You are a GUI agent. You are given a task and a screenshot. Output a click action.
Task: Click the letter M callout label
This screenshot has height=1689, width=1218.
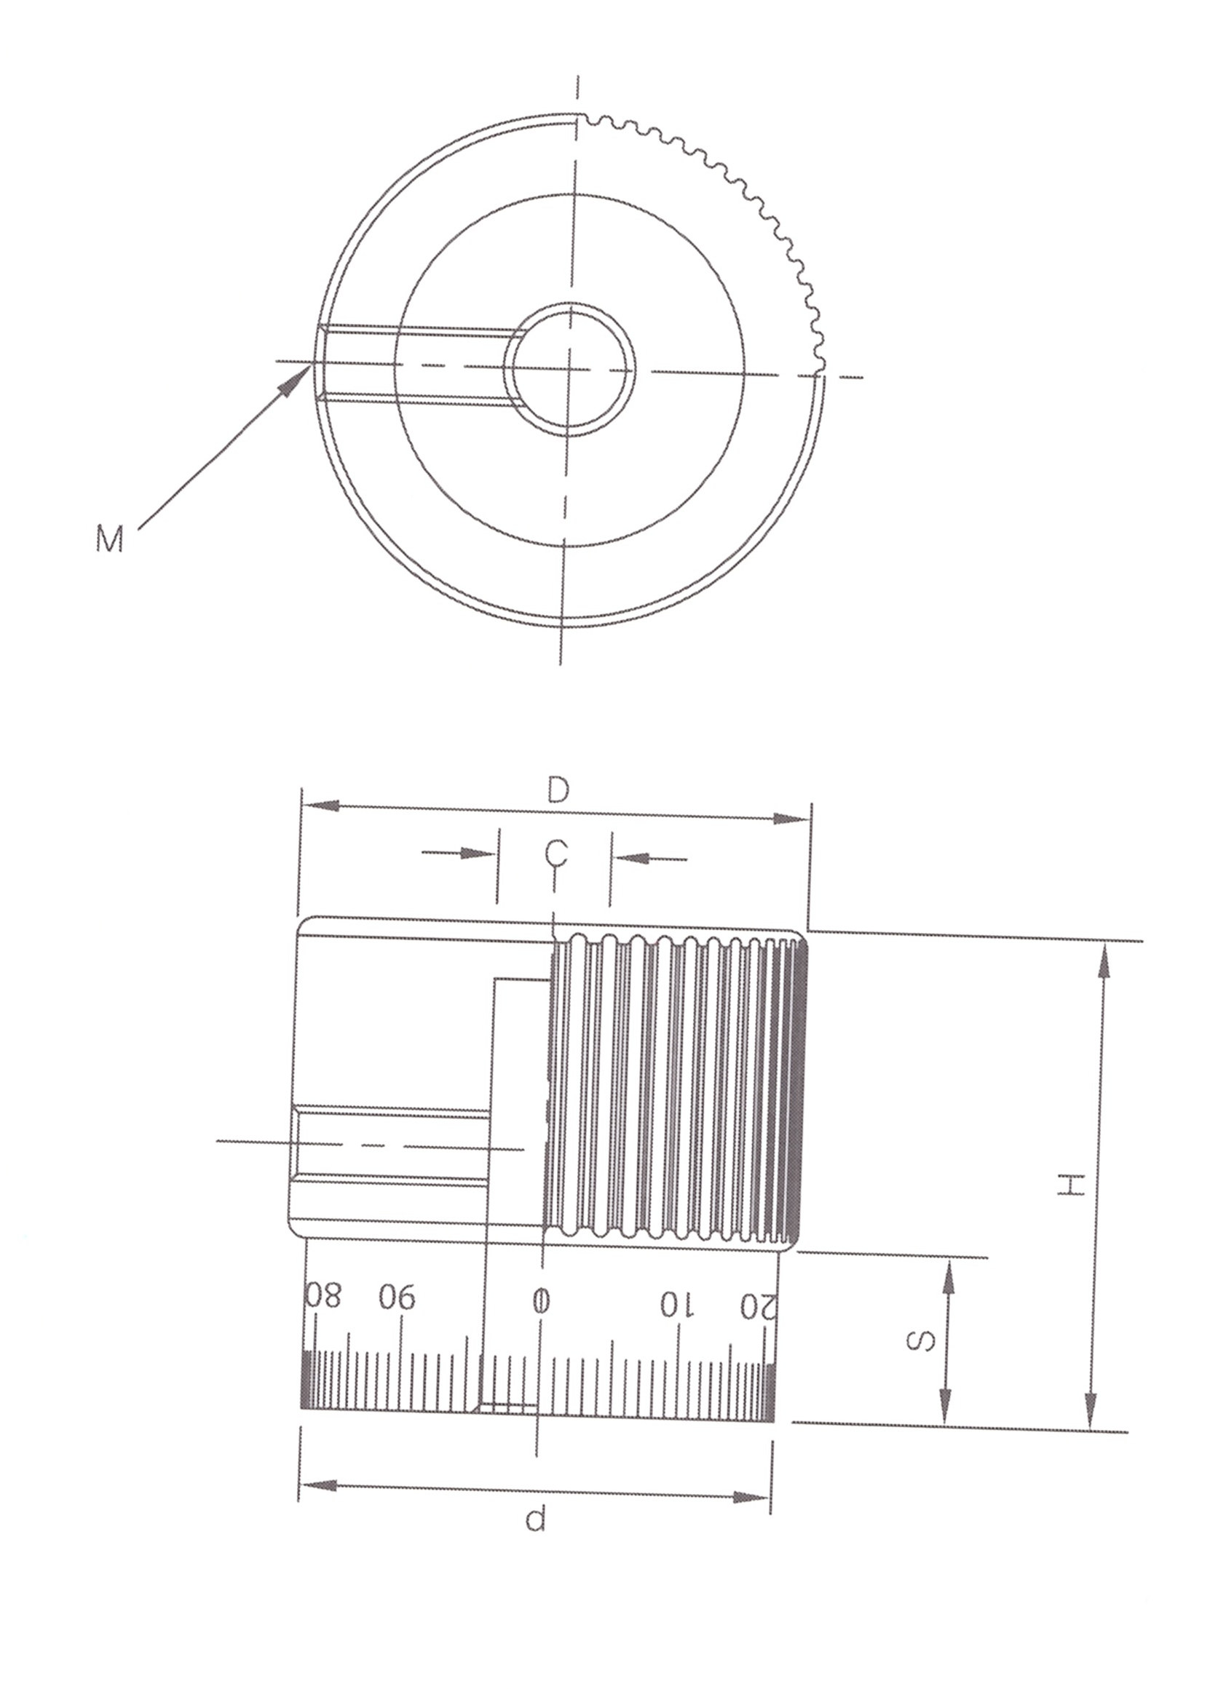pyautogui.click(x=108, y=538)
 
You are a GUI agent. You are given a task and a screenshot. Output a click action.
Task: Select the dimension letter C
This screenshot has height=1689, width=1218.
pyautogui.click(x=555, y=853)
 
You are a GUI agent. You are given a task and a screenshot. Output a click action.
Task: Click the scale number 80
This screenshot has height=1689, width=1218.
pyautogui.click(x=323, y=1297)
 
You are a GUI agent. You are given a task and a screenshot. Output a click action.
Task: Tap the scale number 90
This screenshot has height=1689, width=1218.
pyautogui.click(x=397, y=1298)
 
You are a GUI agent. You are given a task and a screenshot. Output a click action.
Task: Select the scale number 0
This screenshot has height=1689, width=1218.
pyautogui.click(x=542, y=1301)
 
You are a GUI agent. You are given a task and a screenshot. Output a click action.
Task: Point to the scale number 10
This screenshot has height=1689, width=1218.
pyautogui.click(x=677, y=1304)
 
